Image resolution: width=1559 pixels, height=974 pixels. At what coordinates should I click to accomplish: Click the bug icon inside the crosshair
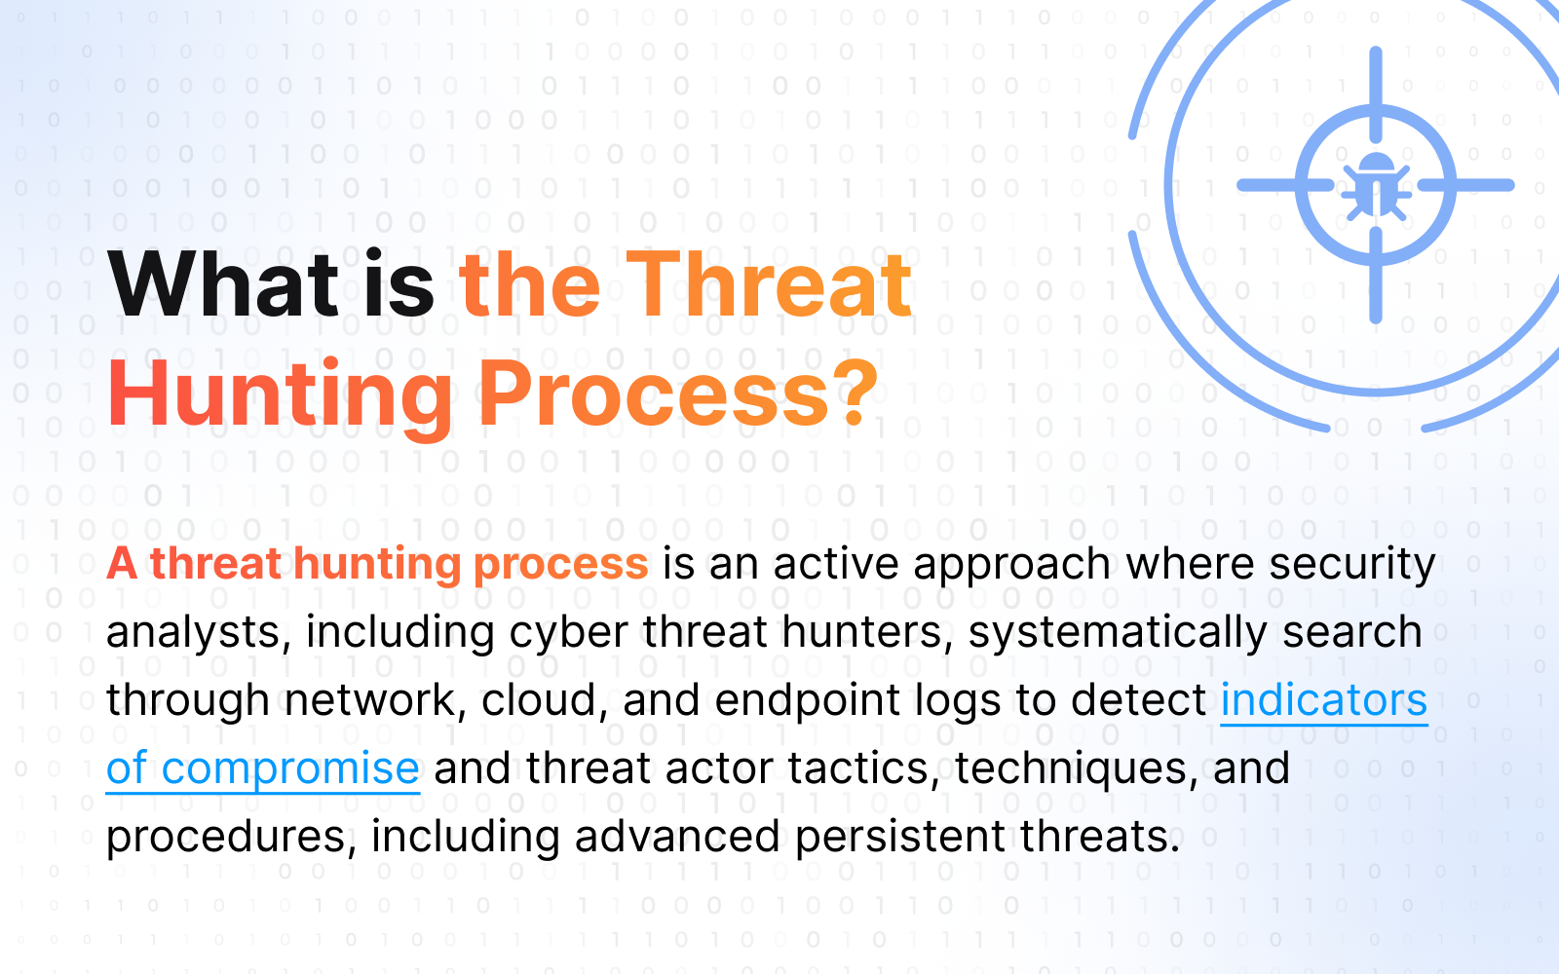[x=1376, y=186]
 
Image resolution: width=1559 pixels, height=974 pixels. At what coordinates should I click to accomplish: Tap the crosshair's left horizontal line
[x=1285, y=185]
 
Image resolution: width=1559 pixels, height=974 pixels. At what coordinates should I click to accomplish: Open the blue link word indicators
[x=1324, y=700]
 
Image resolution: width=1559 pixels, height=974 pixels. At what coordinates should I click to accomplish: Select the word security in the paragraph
[x=1352, y=565]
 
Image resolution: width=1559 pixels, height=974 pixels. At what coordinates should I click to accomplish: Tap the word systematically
[x=1118, y=633]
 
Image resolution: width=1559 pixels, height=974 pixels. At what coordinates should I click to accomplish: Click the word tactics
[x=863, y=769]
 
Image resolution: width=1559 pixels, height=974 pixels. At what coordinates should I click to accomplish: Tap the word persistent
[x=899, y=838]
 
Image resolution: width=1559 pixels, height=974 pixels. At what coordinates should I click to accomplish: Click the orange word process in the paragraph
[x=561, y=565]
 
